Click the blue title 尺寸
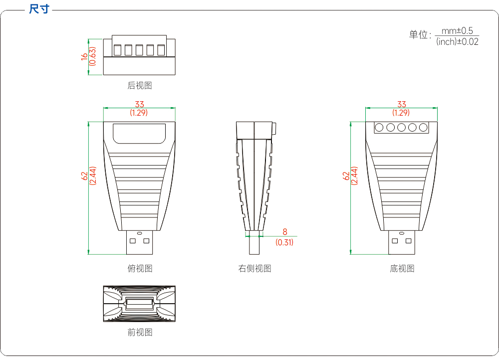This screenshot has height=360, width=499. click(x=39, y=9)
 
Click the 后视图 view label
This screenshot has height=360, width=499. click(x=140, y=86)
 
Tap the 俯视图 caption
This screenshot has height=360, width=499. click(x=140, y=268)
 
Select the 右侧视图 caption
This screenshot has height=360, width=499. click(x=254, y=268)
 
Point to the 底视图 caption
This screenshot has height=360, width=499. click(x=402, y=268)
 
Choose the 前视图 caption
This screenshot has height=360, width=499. click(x=140, y=333)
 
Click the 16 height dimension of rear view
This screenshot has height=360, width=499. click(x=84, y=57)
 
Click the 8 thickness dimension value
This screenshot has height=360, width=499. click(x=285, y=232)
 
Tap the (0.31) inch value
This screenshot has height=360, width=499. click(x=284, y=242)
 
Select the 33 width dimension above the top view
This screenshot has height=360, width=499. click(x=139, y=104)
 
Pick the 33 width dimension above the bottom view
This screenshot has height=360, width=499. click(x=402, y=104)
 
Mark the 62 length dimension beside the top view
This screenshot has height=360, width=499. click(x=84, y=176)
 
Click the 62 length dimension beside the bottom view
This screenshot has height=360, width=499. click(x=346, y=176)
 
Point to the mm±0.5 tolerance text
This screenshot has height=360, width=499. click(x=457, y=31)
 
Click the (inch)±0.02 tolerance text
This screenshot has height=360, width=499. click(x=457, y=42)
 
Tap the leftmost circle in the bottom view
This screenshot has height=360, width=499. click(x=379, y=128)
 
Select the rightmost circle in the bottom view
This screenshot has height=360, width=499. click(x=423, y=128)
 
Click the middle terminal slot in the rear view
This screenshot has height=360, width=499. click(x=139, y=50)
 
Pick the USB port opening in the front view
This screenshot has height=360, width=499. click(x=139, y=304)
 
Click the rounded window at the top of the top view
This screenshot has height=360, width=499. click(x=139, y=134)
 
